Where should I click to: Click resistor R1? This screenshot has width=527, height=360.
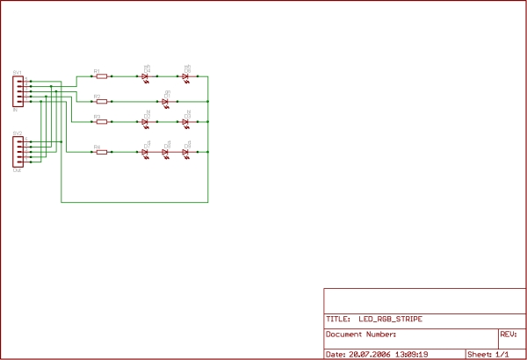click(101, 76)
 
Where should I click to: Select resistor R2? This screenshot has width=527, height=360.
click(101, 102)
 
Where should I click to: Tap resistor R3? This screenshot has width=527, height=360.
click(101, 121)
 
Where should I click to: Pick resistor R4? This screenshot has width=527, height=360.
click(101, 152)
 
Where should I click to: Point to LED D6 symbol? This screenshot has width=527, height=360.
click(185, 76)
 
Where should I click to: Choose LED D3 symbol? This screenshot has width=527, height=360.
click(185, 121)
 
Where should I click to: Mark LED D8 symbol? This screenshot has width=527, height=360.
click(165, 152)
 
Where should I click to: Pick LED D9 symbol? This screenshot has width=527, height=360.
click(185, 152)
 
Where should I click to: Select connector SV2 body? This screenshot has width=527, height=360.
click(16, 150)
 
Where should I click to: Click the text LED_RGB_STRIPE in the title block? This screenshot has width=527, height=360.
click(396, 320)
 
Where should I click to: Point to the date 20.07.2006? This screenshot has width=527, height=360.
click(370, 355)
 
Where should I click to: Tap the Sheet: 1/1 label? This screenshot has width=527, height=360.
click(487, 355)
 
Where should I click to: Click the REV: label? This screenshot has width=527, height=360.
click(508, 335)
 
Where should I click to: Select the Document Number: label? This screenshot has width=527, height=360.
click(361, 335)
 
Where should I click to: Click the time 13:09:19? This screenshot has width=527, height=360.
click(412, 355)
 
